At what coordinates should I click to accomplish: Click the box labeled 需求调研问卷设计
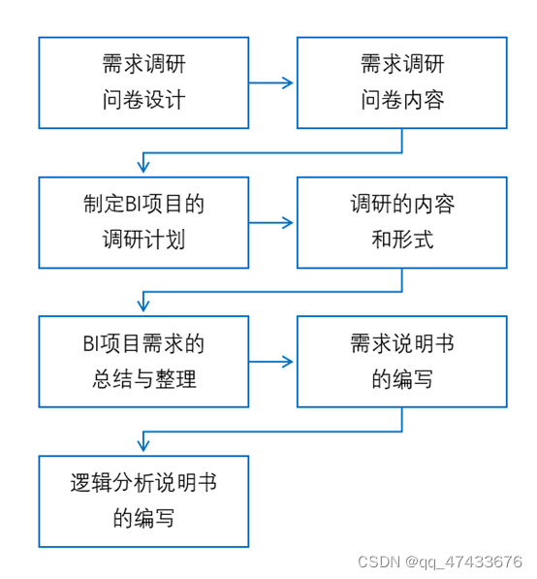pyautogui.click(x=143, y=82)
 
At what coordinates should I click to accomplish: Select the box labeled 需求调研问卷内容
pyautogui.click(x=401, y=82)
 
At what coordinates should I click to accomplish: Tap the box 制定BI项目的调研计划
pyautogui.click(x=143, y=222)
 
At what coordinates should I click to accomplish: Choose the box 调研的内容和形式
pyautogui.click(x=401, y=222)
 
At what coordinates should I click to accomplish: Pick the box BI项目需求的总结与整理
pyautogui.click(x=143, y=362)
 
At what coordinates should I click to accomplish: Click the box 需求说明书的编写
pyautogui.click(x=401, y=362)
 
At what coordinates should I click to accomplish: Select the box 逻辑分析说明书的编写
pyautogui.click(x=143, y=500)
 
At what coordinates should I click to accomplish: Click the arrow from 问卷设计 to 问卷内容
pyautogui.click(x=272, y=83)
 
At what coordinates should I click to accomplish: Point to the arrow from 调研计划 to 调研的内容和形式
pyautogui.click(x=272, y=223)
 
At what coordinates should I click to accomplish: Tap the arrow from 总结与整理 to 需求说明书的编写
pyautogui.click(x=272, y=363)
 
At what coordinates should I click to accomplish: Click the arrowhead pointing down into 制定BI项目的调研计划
pyautogui.click(x=143, y=169)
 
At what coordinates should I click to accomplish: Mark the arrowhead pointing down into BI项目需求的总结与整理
pyautogui.click(x=143, y=308)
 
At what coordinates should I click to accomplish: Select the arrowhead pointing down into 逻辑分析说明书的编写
pyautogui.click(x=143, y=447)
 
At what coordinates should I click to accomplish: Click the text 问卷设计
pyautogui.click(x=143, y=100)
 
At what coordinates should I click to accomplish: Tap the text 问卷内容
pyautogui.click(x=401, y=100)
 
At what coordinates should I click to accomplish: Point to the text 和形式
pyautogui.click(x=401, y=240)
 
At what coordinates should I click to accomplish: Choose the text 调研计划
pyautogui.click(x=143, y=240)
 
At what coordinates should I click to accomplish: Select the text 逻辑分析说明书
pyautogui.click(x=143, y=483)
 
